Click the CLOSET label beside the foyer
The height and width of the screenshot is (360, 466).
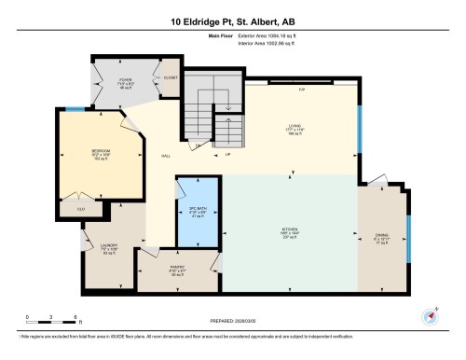170,79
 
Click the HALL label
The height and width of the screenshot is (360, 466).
164,156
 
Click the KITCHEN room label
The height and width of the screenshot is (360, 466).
290,231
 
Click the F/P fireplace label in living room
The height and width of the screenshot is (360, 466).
302,89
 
